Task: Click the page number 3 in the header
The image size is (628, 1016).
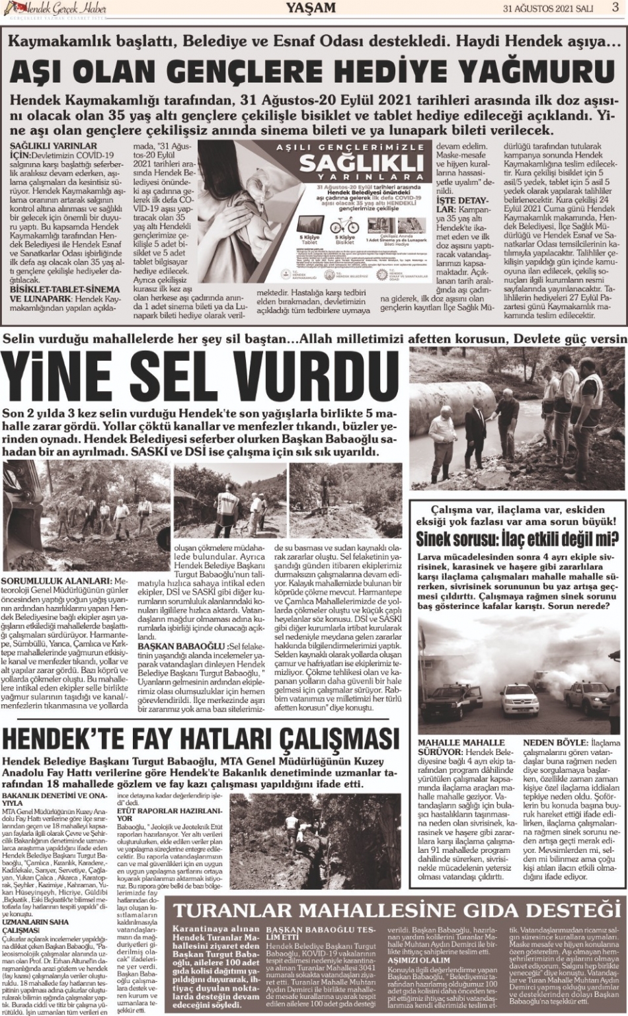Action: [615, 8]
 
